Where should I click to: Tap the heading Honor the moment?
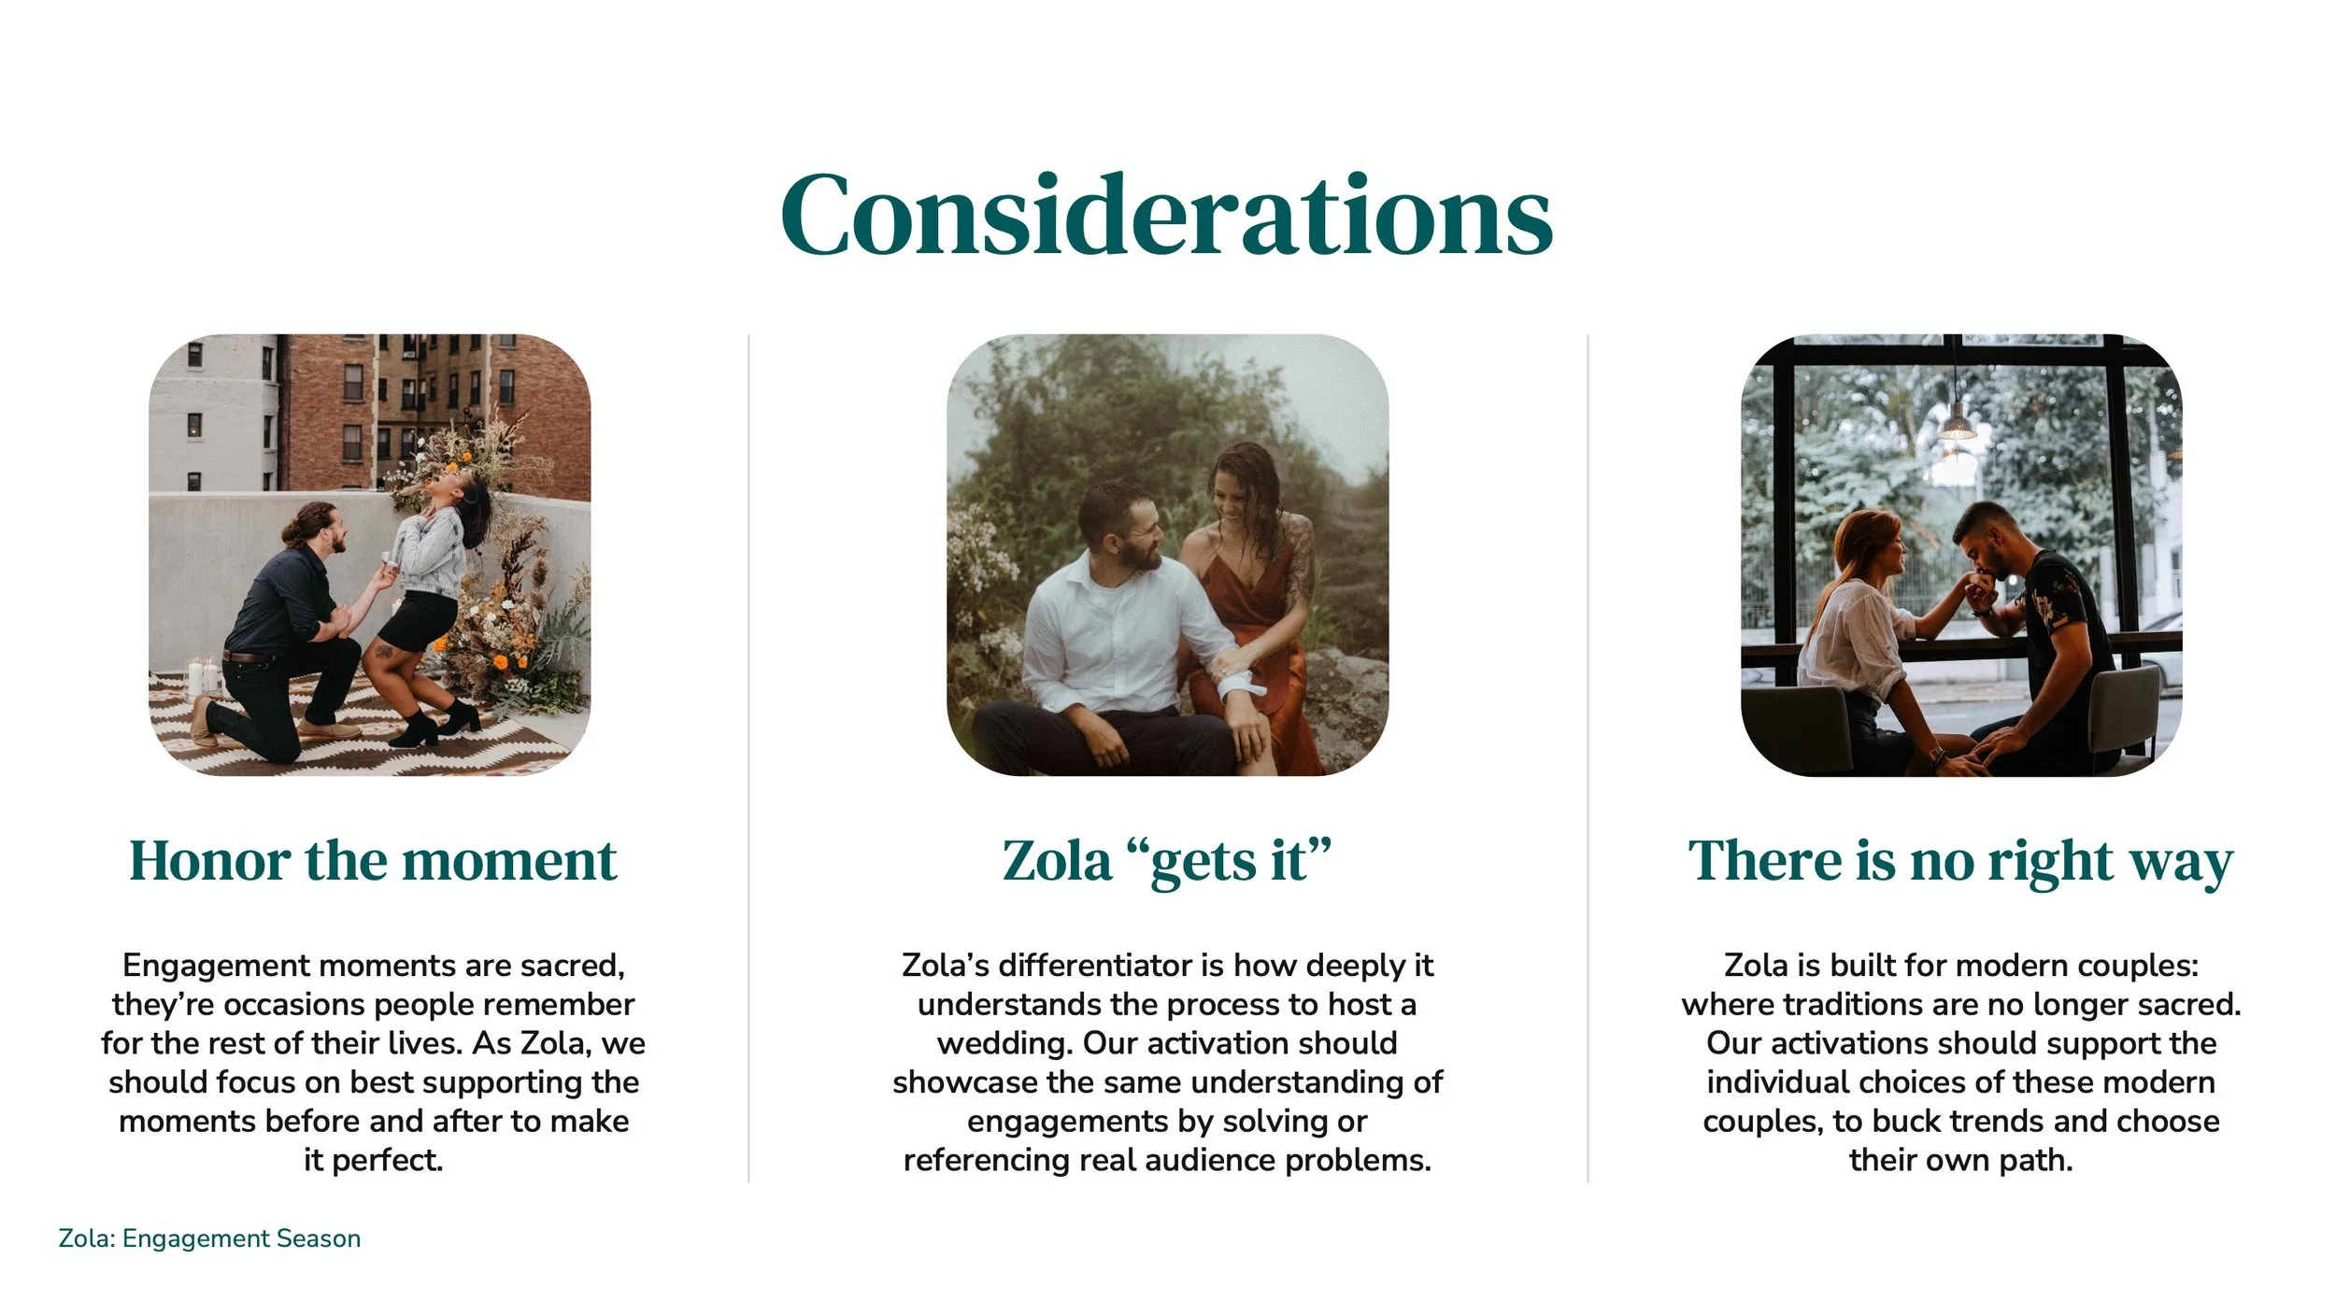pyautogui.click(x=373, y=860)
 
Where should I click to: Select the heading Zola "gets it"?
pyautogui.click(x=1166, y=860)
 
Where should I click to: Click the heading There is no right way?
pyautogui.click(x=1960, y=860)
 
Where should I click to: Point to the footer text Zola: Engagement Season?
pyautogui.click(x=209, y=1238)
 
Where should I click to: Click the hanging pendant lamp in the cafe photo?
pyautogui.click(x=1957, y=427)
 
